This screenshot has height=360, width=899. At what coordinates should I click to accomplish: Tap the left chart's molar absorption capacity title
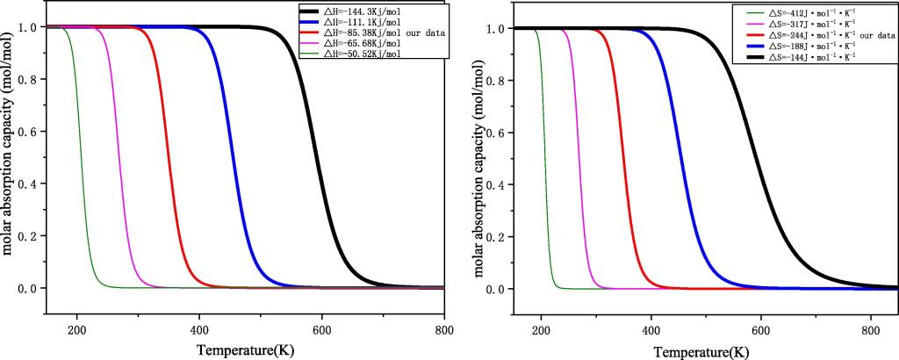[x=9, y=158]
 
